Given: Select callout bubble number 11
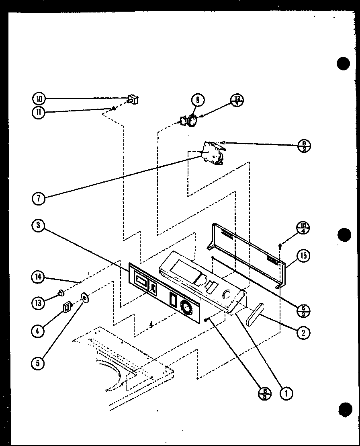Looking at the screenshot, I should tap(38, 113).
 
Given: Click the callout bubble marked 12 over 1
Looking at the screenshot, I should tap(237, 101).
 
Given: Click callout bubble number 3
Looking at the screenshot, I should tap(37, 226).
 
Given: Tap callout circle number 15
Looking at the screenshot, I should tap(303, 255).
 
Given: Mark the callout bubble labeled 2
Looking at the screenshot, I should tap(303, 332).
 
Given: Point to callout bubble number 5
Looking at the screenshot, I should tap(38, 363).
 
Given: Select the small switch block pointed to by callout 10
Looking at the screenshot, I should tap(133, 99).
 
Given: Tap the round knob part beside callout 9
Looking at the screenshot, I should tap(192, 121).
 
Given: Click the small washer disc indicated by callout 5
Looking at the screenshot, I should tap(85, 298).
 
